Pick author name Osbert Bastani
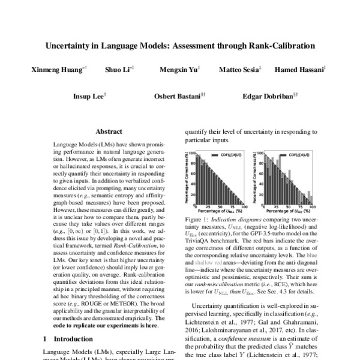(x=178, y=96)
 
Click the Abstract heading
(x=109, y=131)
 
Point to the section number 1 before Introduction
(x=46, y=340)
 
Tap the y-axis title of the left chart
(x=185, y=177)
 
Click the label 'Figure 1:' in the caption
(x=196, y=220)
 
